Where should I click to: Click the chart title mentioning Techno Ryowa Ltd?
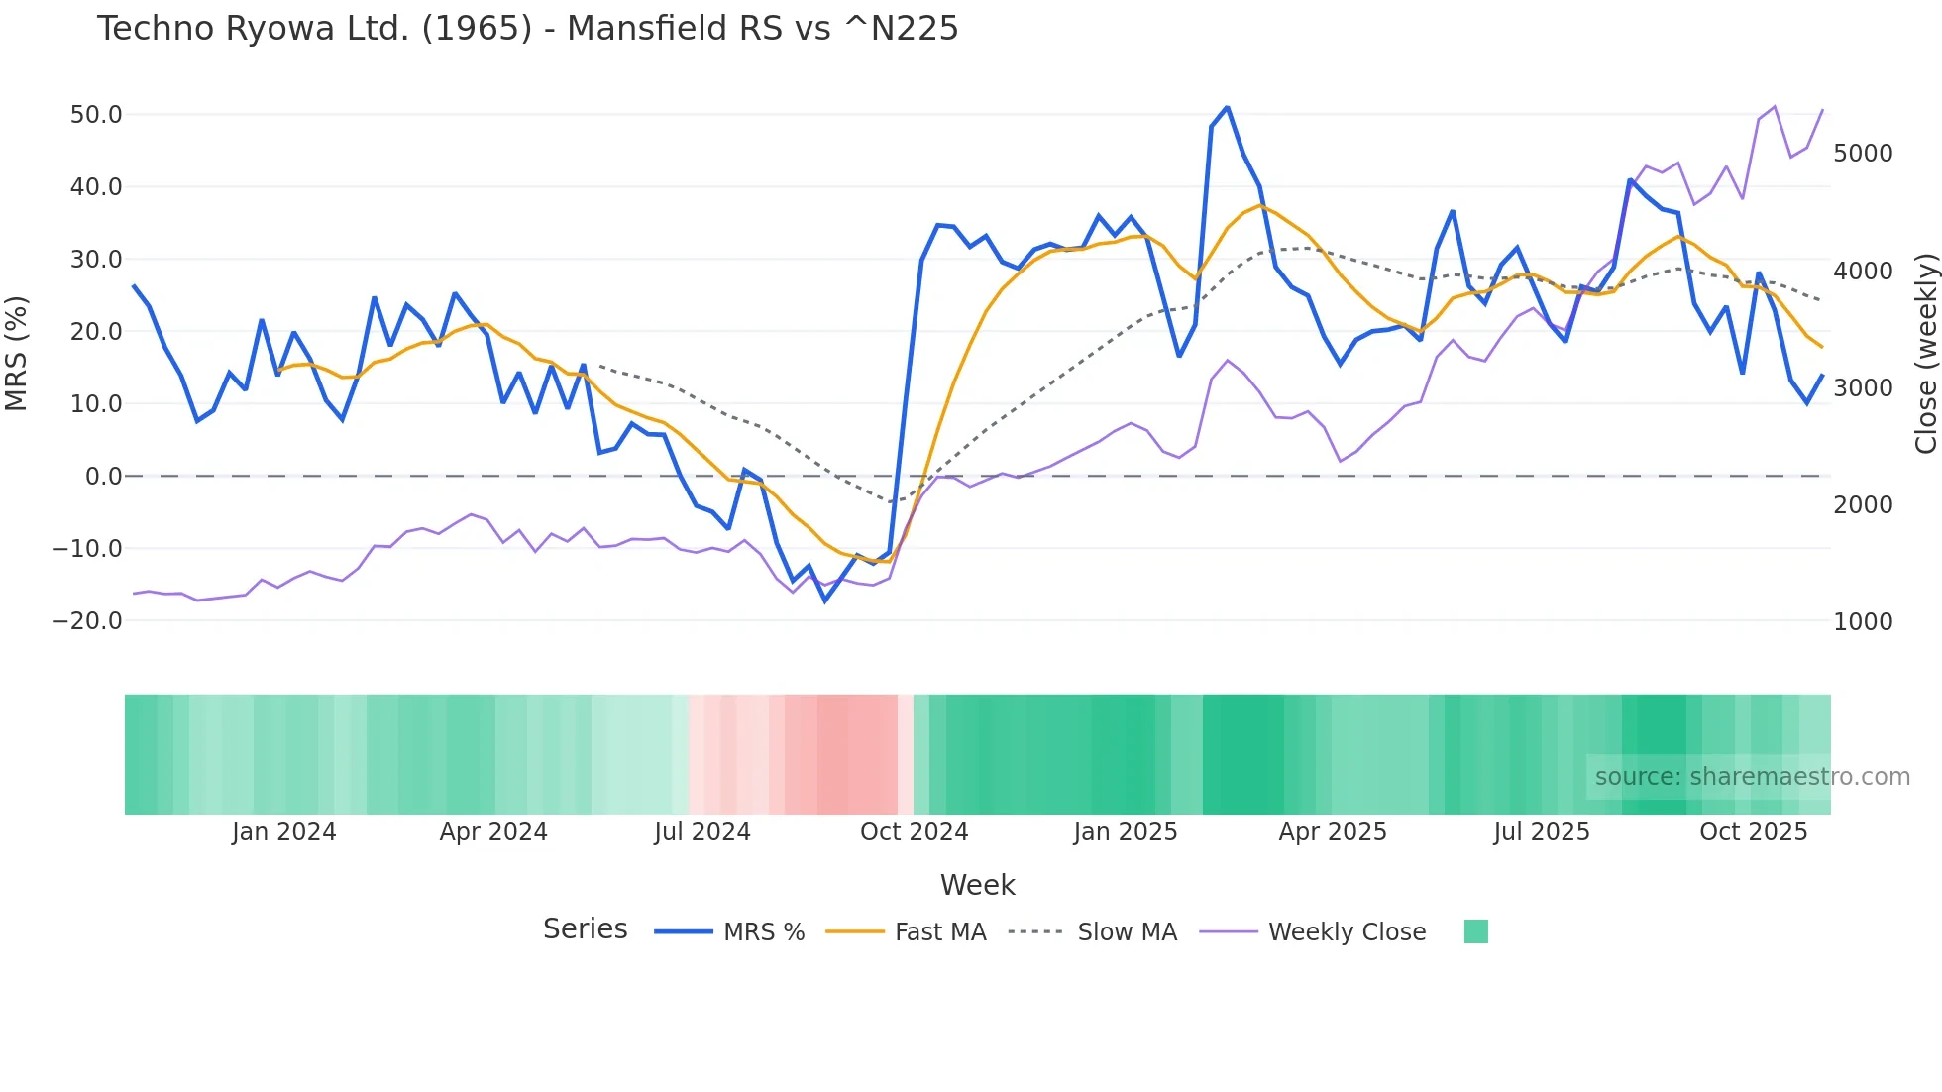click(527, 29)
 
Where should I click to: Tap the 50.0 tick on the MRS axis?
click(96, 115)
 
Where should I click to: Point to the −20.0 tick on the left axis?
click(88, 621)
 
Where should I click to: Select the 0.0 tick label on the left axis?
click(103, 477)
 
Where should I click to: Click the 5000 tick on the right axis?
click(1863, 154)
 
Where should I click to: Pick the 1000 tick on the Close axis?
click(1863, 622)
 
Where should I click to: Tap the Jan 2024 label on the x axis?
click(284, 832)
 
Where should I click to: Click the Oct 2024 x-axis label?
click(914, 832)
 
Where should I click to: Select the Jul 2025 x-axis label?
click(1542, 832)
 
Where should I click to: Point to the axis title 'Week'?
click(977, 885)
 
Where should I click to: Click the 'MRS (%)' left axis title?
click(17, 354)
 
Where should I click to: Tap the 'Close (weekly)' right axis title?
click(1925, 354)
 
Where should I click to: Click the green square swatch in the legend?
click(1475, 932)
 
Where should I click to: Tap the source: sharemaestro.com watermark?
click(1752, 777)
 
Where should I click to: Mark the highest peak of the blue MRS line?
click(1227, 107)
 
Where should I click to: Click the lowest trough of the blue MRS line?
click(824, 601)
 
